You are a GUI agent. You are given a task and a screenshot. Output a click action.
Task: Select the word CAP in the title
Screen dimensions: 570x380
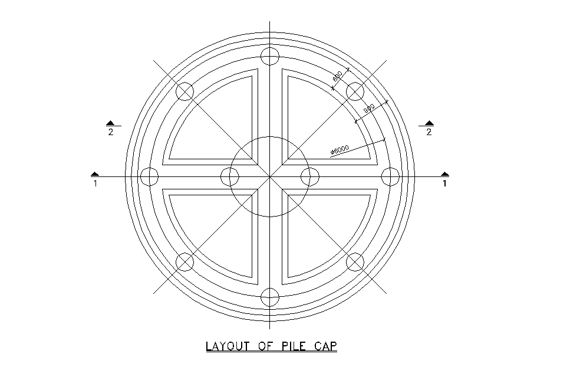point(325,346)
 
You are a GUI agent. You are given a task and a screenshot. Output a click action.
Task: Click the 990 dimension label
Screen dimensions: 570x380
point(369,109)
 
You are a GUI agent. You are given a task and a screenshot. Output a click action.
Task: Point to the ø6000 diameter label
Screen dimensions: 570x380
point(340,151)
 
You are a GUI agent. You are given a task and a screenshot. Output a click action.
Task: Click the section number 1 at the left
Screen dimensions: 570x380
point(95,184)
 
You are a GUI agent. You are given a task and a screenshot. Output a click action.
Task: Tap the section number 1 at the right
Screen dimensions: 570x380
point(444,184)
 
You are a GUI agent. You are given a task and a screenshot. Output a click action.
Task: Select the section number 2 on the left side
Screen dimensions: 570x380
point(111,132)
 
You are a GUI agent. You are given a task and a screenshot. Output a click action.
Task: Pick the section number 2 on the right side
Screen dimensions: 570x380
point(429,132)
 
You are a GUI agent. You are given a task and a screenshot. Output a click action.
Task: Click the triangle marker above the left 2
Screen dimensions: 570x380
point(110,123)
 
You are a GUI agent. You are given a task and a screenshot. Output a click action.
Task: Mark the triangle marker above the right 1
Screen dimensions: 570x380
point(445,174)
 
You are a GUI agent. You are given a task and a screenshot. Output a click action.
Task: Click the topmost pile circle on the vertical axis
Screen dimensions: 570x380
point(270,57)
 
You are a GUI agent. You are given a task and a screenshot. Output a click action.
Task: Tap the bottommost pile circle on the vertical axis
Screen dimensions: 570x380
point(270,297)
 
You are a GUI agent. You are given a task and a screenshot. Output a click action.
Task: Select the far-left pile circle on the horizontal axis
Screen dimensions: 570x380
point(150,176)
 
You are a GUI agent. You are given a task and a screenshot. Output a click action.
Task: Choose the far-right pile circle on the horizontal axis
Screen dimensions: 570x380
point(390,176)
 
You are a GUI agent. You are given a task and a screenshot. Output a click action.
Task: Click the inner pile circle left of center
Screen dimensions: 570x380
point(230,176)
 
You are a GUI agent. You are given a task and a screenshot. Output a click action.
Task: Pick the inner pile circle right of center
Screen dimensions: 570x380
point(310,176)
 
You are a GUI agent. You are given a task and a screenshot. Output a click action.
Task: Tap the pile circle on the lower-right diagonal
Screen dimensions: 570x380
point(355,261)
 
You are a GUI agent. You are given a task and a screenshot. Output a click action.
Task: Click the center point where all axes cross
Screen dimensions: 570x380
point(270,176)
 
